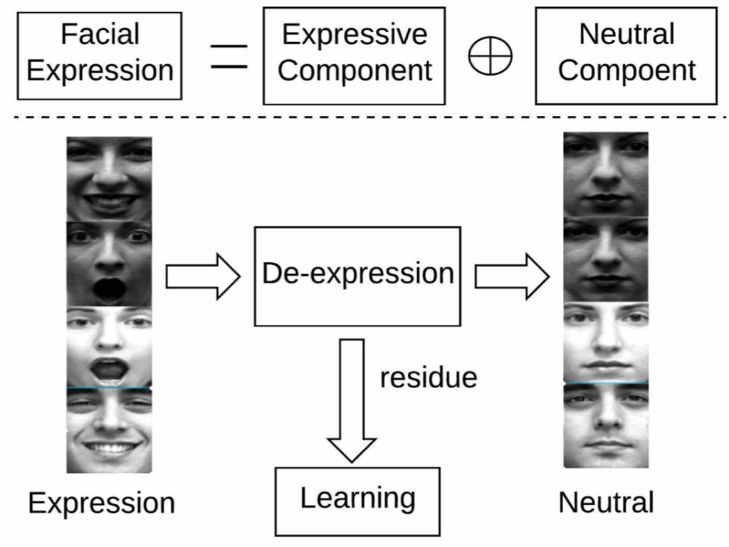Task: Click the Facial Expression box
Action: tap(100, 54)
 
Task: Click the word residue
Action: tap(428, 377)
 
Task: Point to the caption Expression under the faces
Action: tap(101, 504)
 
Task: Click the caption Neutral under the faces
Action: tap(606, 503)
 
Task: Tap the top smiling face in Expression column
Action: tap(109, 178)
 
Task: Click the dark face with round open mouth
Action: tap(109, 264)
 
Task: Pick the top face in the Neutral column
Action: tap(606, 174)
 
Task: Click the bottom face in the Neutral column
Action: tap(606, 425)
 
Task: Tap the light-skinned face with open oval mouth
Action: tap(109, 347)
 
